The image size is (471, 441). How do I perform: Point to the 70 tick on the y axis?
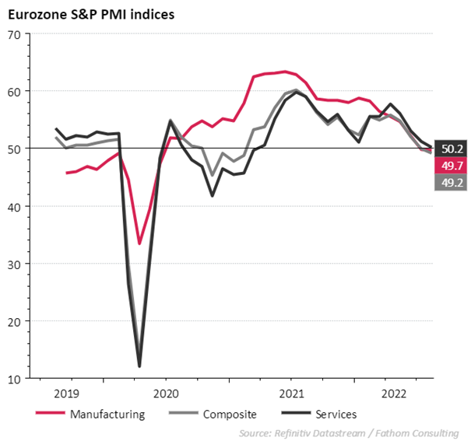(13, 34)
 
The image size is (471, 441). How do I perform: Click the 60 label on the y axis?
(13, 91)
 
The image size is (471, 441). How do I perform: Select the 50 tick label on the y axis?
(13, 149)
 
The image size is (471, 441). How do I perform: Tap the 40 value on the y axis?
(13, 206)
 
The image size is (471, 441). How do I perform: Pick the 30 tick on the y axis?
(13, 264)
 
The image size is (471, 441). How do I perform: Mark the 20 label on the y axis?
(13, 321)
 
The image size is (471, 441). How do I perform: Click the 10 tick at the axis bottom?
(13, 379)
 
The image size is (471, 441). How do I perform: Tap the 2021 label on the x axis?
(292, 394)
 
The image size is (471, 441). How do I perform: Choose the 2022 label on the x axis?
(394, 394)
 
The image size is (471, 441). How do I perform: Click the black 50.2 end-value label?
(452, 148)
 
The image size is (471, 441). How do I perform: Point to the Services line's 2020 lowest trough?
(139, 366)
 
